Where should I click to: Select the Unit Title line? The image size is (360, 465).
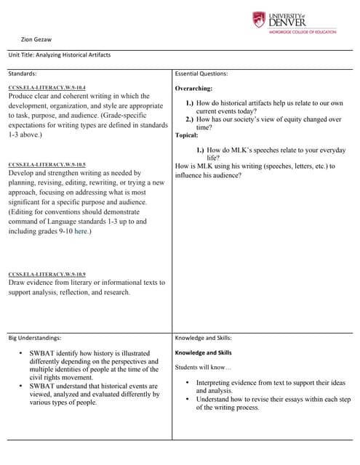click(60, 54)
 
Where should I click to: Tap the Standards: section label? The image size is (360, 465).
click(23, 73)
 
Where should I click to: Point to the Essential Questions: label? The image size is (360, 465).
click(201, 73)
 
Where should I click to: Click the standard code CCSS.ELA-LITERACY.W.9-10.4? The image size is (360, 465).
click(47, 88)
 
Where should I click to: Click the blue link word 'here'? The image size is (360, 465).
click(81, 231)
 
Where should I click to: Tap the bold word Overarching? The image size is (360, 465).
click(193, 89)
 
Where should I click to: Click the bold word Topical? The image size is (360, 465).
click(187, 135)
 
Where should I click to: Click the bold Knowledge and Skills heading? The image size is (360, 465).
click(203, 352)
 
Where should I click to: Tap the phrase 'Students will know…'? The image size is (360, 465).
click(202, 367)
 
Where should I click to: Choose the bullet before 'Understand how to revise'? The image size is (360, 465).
click(187, 399)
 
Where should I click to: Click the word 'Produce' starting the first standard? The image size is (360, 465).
click(22, 96)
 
